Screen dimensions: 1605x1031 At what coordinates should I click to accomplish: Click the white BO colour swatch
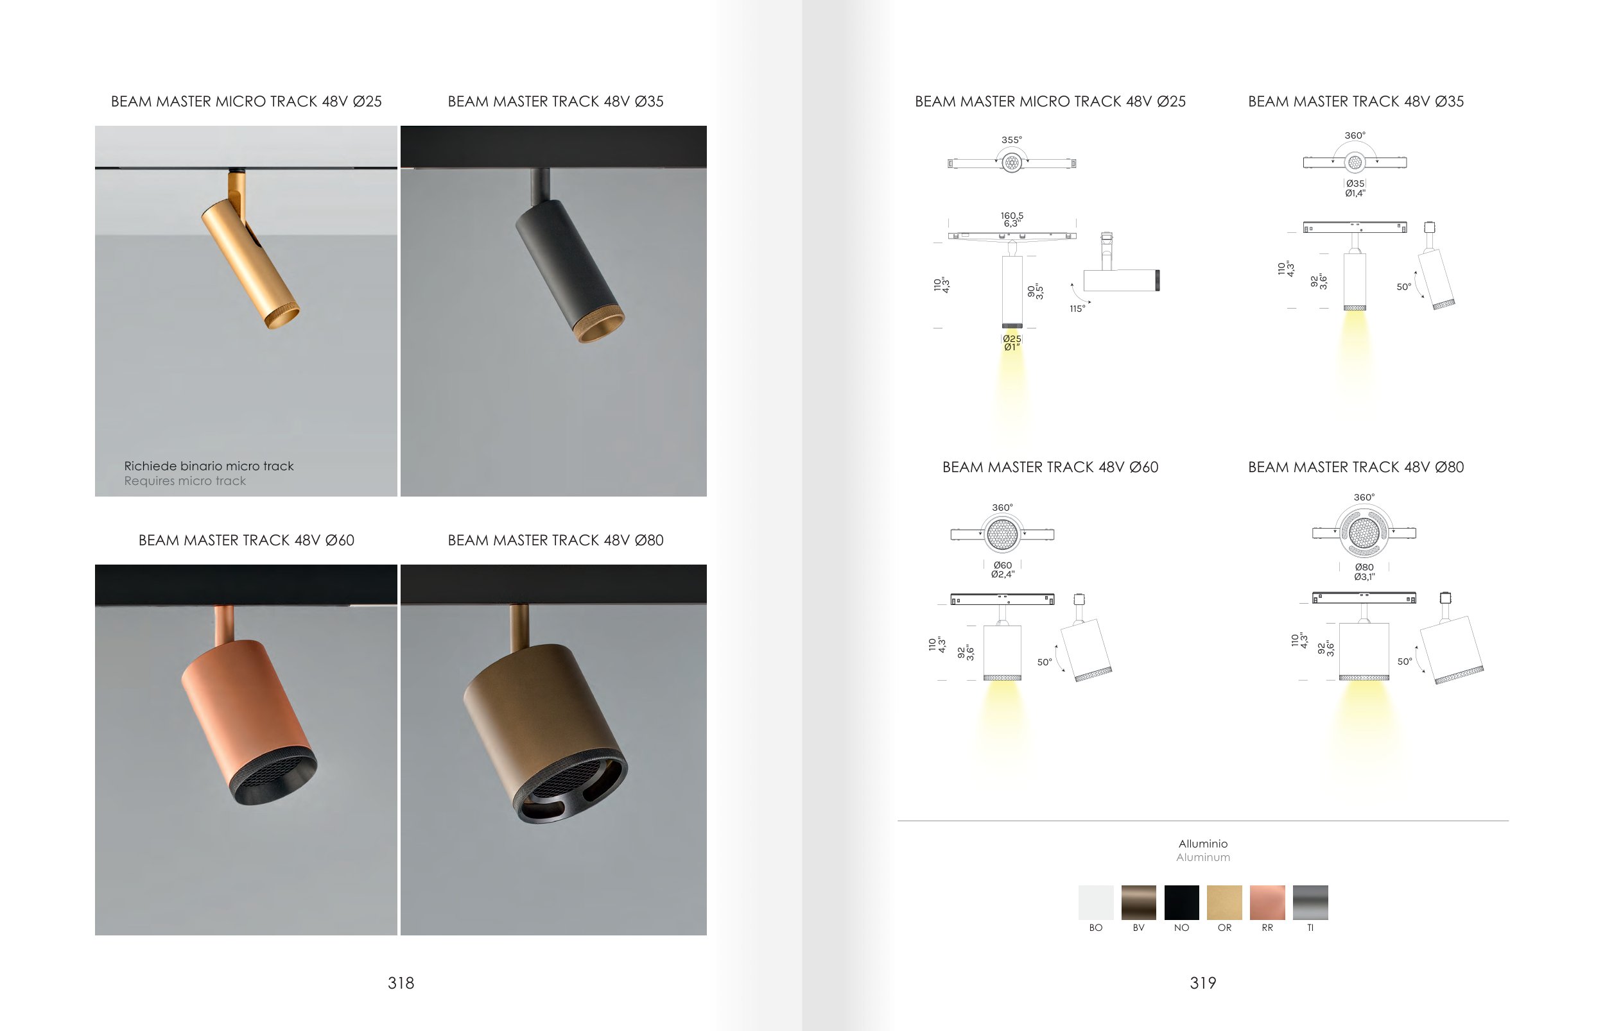point(1095,903)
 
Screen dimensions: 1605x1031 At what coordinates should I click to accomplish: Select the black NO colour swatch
point(1182,903)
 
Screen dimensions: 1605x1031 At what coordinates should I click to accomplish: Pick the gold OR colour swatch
point(1224,903)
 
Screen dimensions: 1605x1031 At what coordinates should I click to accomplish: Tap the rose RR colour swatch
point(1267,903)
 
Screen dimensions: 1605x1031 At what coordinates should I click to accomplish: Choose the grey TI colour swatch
point(1310,903)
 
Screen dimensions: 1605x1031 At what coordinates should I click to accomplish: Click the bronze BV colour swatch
point(1139,903)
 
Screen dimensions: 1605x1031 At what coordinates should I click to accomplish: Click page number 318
point(401,983)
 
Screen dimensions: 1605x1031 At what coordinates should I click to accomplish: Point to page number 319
point(1202,983)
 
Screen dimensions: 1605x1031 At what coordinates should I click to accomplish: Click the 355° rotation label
point(1012,140)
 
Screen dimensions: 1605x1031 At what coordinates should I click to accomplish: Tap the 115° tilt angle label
point(1077,309)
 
